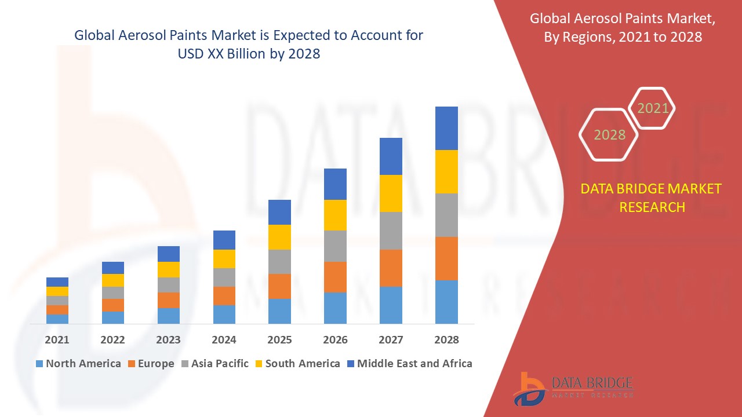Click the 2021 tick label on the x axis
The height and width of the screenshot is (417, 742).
(x=57, y=339)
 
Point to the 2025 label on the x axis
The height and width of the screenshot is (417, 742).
(x=279, y=339)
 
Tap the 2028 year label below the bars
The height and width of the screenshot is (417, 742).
(x=446, y=339)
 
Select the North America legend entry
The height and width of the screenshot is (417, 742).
(x=78, y=364)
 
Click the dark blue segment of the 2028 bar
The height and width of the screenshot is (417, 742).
(x=446, y=128)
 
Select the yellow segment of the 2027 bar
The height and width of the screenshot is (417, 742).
(x=391, y=193)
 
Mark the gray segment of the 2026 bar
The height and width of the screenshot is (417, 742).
(x=335, y=246)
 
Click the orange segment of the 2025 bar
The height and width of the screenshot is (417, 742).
(x=279, y=286)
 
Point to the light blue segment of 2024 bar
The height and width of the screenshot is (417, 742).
(x=224, y=314)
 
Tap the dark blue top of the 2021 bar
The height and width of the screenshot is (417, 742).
(x=57, y=282)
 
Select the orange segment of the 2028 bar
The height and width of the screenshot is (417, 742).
(x=446, y=258)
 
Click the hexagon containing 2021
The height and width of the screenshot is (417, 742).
(x=652, y=108)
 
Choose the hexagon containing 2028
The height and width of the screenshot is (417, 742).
(x=609, y=134)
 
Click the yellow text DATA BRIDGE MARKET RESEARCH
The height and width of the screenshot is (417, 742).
(x=652, y=197)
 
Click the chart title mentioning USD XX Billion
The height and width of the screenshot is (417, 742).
(x=249, y=44)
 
